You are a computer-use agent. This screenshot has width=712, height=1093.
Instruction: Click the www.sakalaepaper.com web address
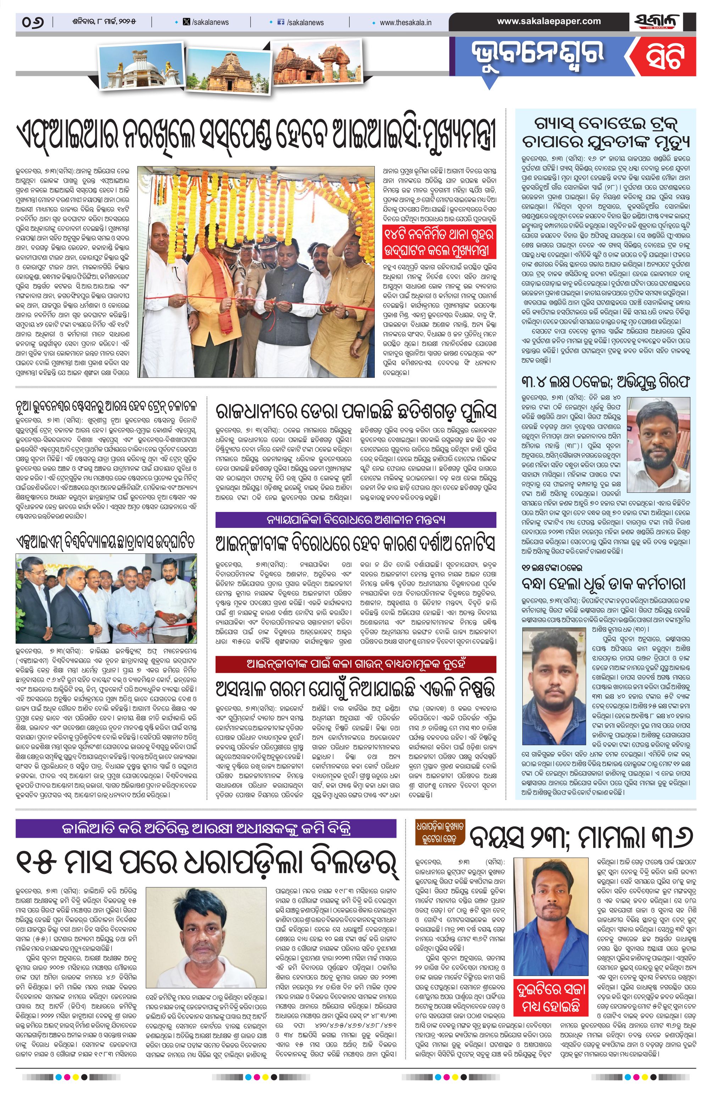point(549,21)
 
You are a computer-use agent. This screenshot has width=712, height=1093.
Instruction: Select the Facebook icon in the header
point(281,22)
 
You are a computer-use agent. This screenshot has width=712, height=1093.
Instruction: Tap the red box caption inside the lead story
point(439,243)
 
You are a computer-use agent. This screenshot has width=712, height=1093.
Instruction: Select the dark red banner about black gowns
point(356,664)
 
